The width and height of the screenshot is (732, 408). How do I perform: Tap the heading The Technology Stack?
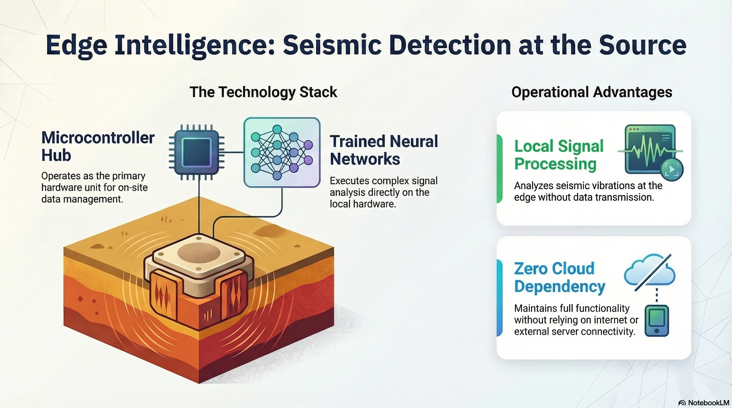[x=263, y=92]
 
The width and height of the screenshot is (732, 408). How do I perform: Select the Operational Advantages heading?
[x=592, y=92]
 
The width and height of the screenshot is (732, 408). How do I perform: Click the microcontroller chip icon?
[x=197, y=152]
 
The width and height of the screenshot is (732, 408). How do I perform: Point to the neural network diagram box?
[x=282, y=152]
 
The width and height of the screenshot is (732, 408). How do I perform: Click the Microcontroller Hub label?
[x=98, y=146]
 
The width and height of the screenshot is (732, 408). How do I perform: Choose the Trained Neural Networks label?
[x=384, y=150]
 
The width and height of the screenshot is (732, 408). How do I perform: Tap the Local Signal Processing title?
[x=559, y=155]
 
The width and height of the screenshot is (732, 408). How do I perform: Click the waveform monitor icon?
[x=650, y=149]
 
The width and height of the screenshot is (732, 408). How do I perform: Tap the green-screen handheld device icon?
[x=657, y=321]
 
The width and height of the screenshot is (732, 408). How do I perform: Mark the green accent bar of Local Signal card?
[x=499, y=169]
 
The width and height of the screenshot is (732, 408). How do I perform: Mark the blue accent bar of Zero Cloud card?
[x=499, y=298]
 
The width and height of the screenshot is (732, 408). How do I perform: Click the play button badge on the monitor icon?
[x=672, y=170]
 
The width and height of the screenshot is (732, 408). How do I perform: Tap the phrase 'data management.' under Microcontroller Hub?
[x=82, y=199]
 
